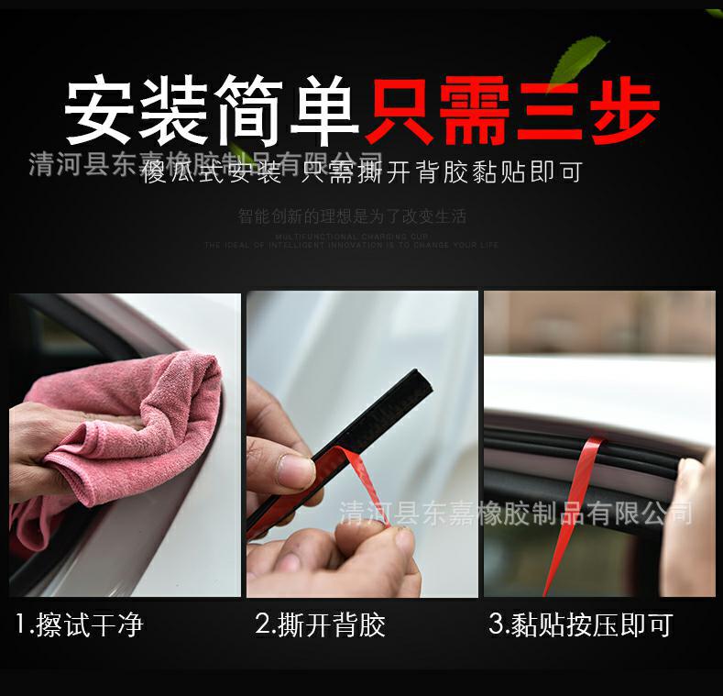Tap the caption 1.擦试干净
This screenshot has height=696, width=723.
point(80,625)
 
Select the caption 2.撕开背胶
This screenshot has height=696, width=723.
point(320,625)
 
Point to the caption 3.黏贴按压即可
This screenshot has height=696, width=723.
point(580,625)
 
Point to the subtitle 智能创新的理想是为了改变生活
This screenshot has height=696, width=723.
point(352,217)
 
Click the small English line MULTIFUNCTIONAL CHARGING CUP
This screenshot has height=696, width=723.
point(352,237)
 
